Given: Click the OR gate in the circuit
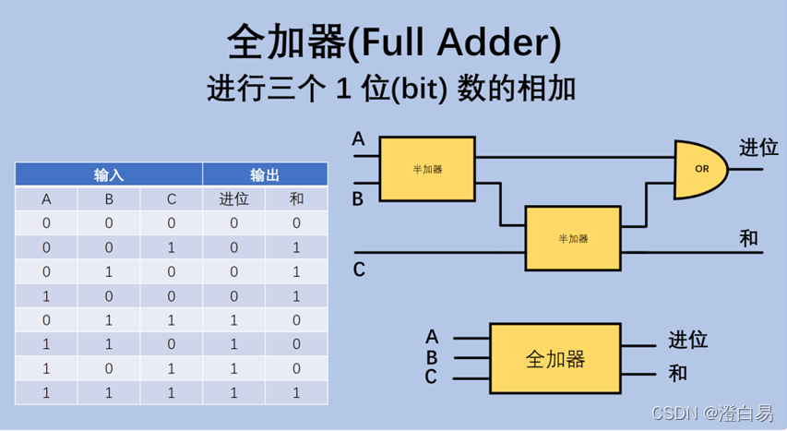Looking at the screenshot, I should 700,169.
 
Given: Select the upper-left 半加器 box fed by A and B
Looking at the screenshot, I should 427,169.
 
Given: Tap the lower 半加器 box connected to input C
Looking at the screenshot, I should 572,238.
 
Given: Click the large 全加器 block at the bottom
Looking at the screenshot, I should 554,359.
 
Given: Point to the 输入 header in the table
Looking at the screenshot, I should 109,174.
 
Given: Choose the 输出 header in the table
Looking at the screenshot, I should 265,174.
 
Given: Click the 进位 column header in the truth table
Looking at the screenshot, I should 233,198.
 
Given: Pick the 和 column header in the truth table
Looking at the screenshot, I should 296,198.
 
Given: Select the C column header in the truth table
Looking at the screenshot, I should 171,198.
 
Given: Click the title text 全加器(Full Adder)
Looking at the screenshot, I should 393,42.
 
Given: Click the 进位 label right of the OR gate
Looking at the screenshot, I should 758,148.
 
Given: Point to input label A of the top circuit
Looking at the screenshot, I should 359,139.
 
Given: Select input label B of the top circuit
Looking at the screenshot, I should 358,198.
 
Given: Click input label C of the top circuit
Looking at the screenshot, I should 359,269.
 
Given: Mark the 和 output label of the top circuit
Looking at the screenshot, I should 748,238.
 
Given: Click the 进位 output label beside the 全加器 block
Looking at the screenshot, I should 687,339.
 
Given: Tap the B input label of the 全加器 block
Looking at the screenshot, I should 432,357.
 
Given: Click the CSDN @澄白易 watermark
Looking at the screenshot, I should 712,413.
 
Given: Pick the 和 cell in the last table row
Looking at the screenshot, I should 296,392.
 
